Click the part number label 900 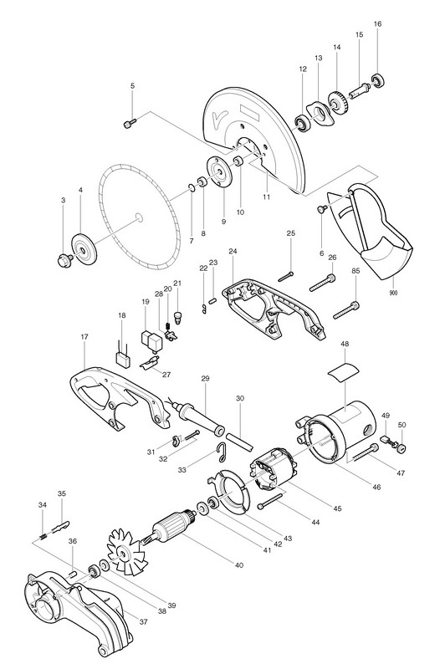393,294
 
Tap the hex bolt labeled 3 64,259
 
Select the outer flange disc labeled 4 84,249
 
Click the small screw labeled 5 130,124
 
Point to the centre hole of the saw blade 138,217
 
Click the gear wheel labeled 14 339,102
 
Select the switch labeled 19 151,340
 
